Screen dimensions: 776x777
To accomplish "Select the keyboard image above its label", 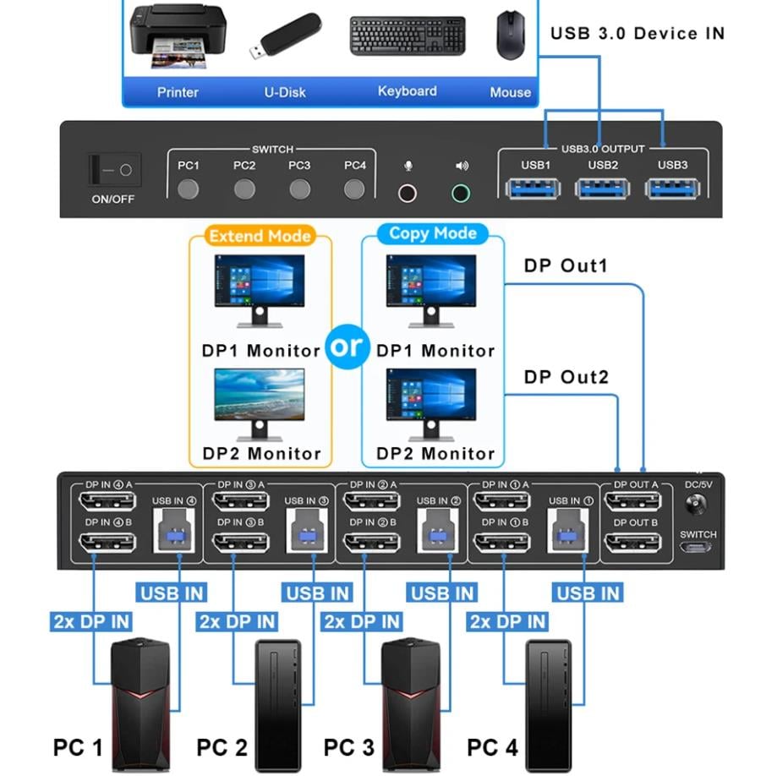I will tap(408, 36).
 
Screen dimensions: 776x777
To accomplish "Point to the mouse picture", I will tap(509, 35).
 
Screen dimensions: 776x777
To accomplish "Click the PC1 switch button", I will tap(189, 189).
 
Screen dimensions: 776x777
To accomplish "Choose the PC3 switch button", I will tap(299, 189).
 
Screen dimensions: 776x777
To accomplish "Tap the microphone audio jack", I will tap(408, 193).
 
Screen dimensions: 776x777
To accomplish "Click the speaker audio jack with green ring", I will tap(460, 193).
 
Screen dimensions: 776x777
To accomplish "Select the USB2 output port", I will tap(603, 188).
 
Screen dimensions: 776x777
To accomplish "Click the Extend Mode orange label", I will tap(260, 236).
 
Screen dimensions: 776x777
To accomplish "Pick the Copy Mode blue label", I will tap(433, 233).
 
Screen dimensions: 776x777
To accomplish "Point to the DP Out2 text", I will tap(566, 377).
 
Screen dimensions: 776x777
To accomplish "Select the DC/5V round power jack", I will tap(698, 505).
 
